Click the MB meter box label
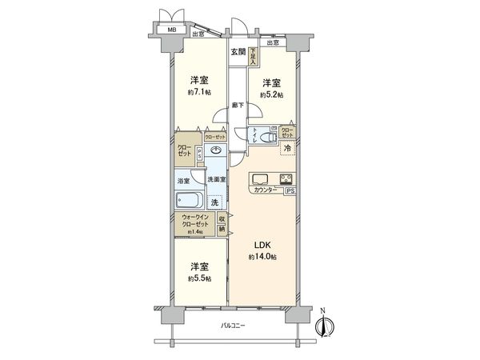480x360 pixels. coord(170,31)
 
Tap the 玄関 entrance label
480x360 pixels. coord(238,53)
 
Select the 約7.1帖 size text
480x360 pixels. coord(200,93)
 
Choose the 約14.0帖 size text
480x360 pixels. coord(262,257)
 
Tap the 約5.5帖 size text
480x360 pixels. coord(200,278)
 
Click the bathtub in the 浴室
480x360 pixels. coord(190,201)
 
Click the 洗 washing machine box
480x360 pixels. coord(214,203)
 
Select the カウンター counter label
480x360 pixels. coord(265,190)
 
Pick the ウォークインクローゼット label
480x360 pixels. coord(195,221)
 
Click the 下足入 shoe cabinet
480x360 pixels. coord(253,55)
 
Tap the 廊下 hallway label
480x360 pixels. coord(238,105)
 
